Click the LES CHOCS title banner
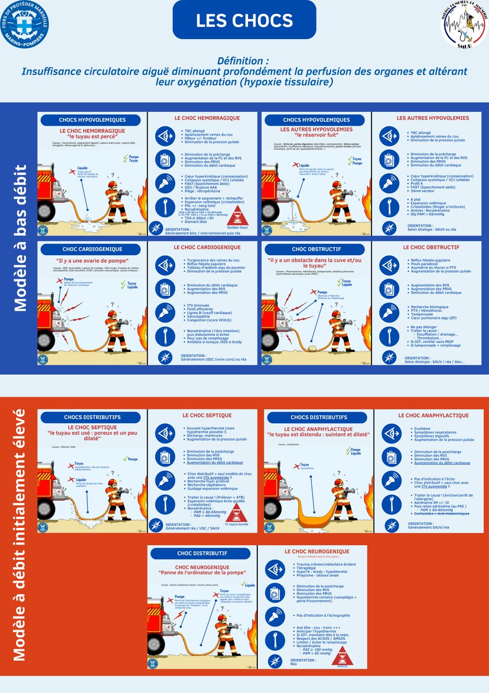click(x=244, y=20)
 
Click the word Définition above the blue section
click(x=244, y=61)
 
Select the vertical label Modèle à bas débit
click(x=20, y=238)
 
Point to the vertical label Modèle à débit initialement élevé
click(x=20, y=534)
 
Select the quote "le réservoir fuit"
click(x=316, y=136)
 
